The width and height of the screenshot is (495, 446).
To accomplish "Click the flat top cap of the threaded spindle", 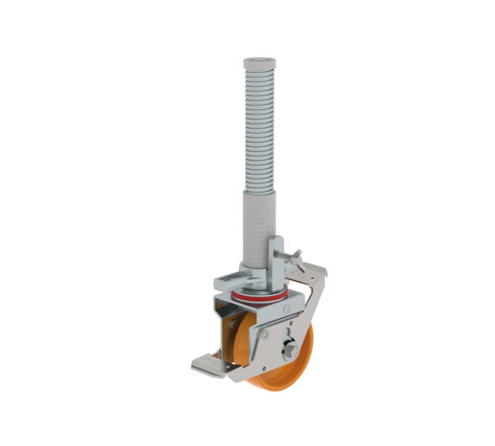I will pyautogui.click(x=257, y=61).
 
